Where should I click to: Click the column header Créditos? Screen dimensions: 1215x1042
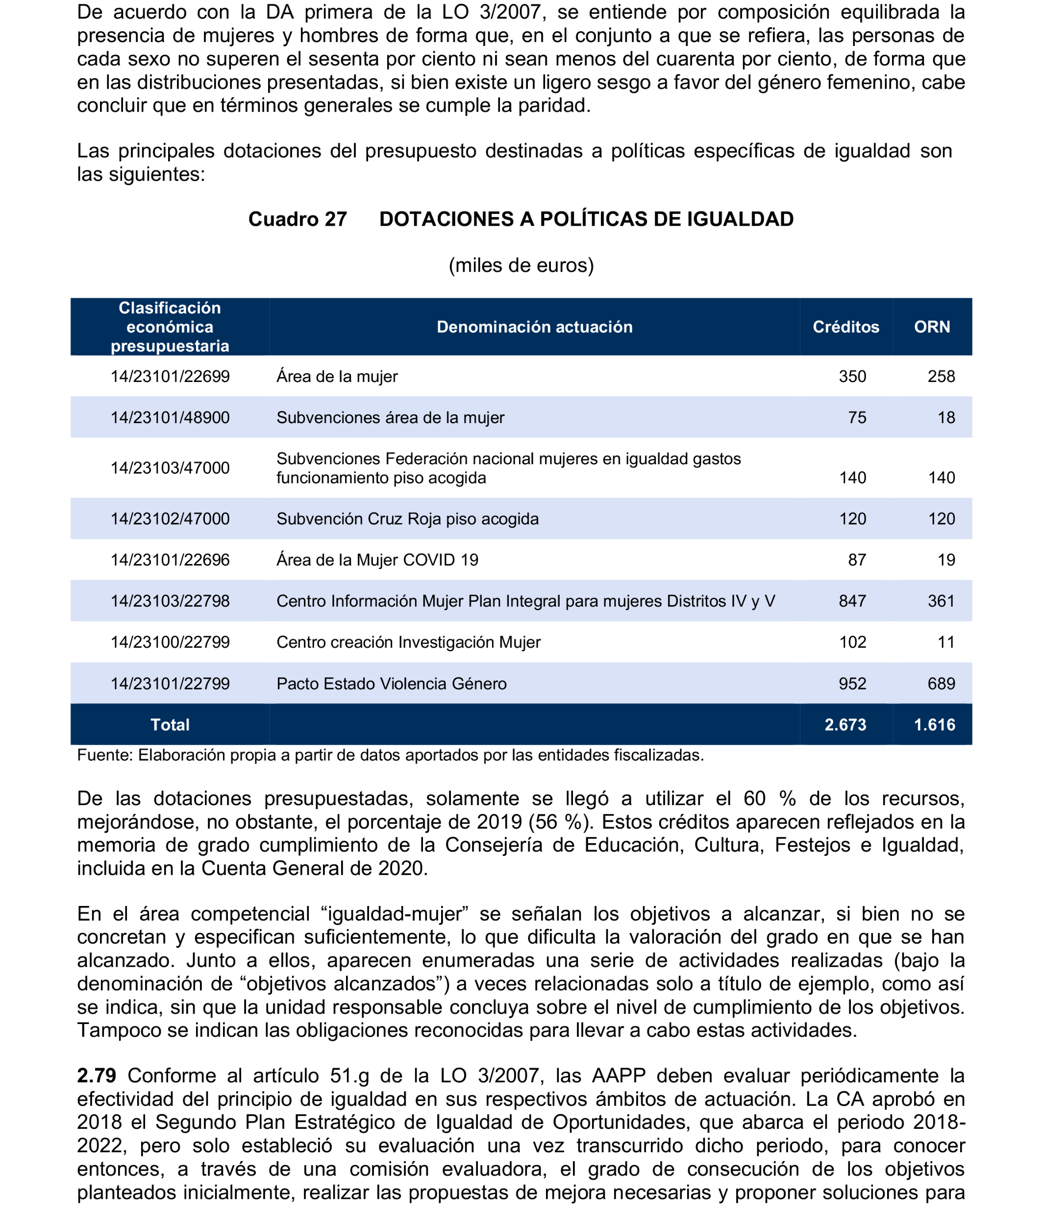(845, 327)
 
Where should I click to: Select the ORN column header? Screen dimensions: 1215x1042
(932, 327)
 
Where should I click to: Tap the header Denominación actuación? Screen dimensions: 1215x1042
(535, 327)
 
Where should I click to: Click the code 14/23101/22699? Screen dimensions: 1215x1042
(170, 377)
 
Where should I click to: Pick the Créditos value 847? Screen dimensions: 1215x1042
(852, 601)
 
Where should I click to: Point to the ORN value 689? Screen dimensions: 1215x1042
(941, 684)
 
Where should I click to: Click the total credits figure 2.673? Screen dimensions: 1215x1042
(845, 725)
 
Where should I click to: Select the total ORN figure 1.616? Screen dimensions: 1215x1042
(934, 725)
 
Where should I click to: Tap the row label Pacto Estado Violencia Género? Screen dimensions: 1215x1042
(391, 684)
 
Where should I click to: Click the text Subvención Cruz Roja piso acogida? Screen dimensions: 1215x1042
(407, 519)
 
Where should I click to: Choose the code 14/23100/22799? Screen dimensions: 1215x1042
(170, 642)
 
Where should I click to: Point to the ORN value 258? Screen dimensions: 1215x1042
(941, 377)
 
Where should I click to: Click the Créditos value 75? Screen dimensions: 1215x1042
(857, 418)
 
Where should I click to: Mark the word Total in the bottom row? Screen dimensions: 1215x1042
(170, 725)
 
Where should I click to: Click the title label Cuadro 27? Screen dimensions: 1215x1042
(298, 219)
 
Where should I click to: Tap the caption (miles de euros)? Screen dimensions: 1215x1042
(521, 265)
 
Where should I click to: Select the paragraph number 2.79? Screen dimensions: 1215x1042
(96, 1075)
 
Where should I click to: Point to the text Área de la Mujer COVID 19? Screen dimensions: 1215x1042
(377, 560)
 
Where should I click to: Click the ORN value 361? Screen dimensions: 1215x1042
(941, 601)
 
